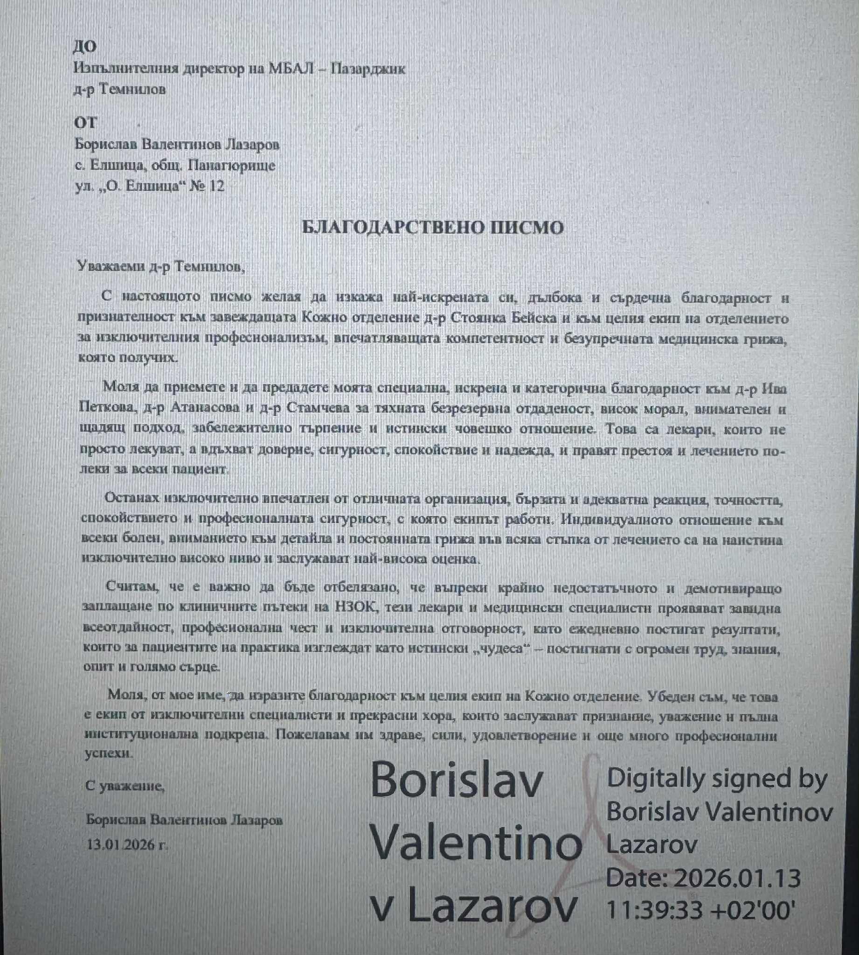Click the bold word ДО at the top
click(85, 46)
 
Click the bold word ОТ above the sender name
click(85, 122)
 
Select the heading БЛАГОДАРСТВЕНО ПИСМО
click(433, 228)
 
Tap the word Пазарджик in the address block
click(368, 69)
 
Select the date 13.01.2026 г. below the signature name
click(127, 844)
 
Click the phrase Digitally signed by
click(717, 779)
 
